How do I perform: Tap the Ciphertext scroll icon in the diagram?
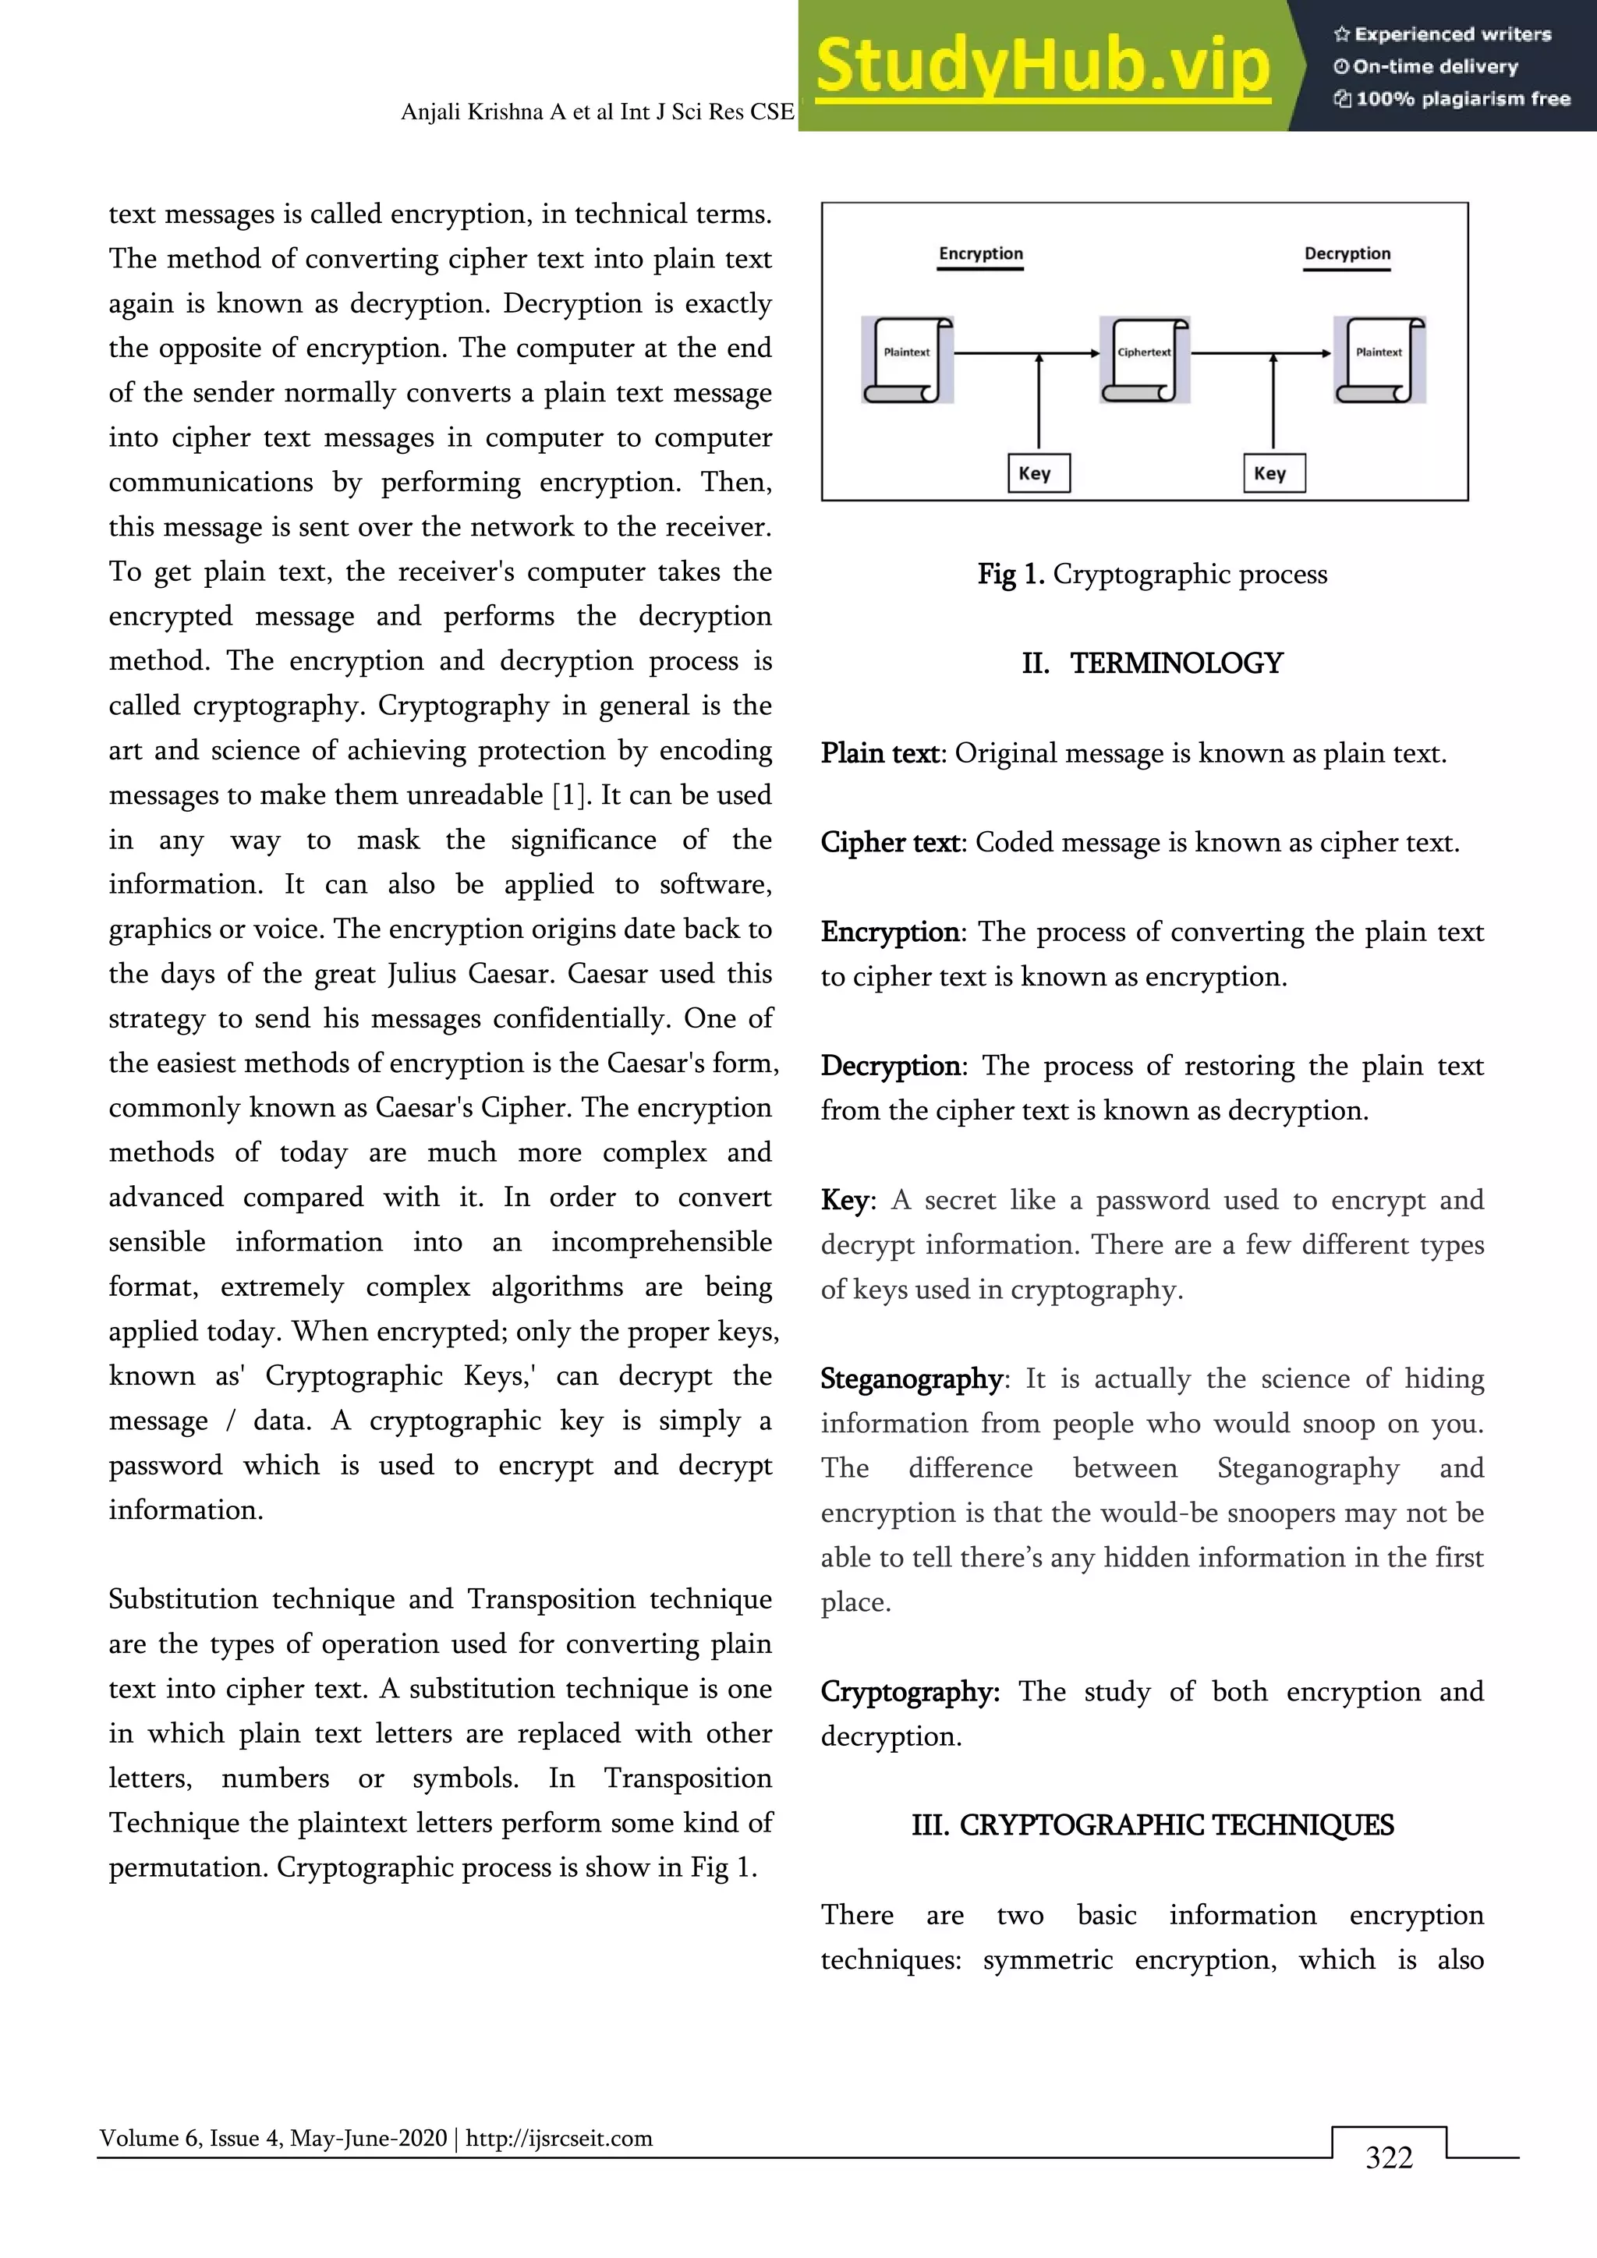point(1145,359)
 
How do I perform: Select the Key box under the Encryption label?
point(1037,473)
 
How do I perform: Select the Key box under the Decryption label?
point(1273,473)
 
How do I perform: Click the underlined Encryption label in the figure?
point(980,253)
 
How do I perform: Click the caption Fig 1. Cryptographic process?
point(1152,575)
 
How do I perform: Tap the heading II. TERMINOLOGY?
point(1152,664)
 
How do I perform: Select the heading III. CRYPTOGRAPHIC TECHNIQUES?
point(1152,1825)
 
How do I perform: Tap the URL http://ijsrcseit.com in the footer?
point(558,2138)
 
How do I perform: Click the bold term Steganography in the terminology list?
point(911,1379)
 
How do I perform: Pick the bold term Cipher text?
point(890,843)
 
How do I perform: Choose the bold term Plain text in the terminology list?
point(880,753)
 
